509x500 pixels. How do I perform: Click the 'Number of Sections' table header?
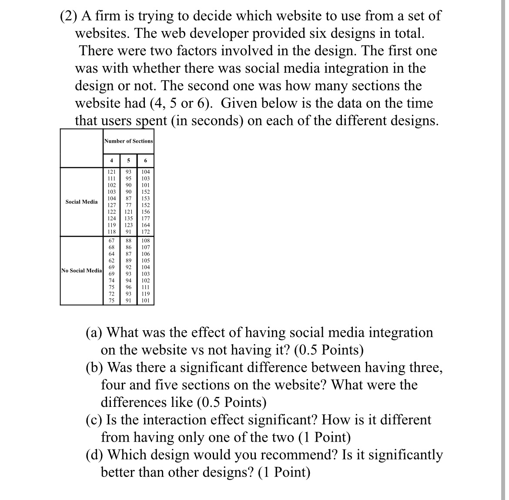(x=128, y=141)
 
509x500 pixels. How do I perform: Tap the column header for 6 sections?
(x=145, y=161)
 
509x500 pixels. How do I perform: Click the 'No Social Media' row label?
(x=82, y=271)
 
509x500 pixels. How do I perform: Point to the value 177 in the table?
(x=145, y=218)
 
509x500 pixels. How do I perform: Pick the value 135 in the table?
(x=128, y=218)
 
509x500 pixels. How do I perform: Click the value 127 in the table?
(x=112, y=205)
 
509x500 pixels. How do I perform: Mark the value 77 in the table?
(x=128, y=205)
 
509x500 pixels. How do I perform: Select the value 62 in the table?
(x=112, y=261)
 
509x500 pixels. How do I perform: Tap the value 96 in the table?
(x=128, y=287)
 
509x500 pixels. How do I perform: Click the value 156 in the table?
(x=145, y=212)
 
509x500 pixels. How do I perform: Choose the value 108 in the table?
(x=145, y=241)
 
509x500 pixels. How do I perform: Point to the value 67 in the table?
(x=112, y=241)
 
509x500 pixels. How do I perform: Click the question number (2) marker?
(x=68, y=16)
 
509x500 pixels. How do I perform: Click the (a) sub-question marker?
(x=94, y=333)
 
